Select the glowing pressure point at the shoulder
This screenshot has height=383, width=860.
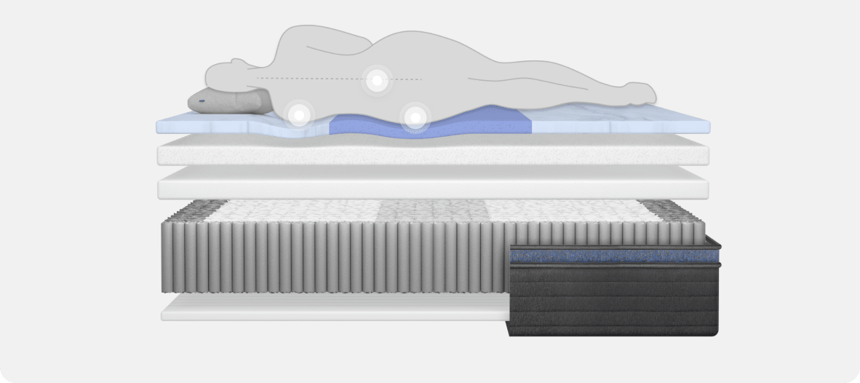coord(298,114)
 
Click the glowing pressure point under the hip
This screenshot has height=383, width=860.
coord(415,117)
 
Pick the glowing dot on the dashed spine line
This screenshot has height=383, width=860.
coord(376,79)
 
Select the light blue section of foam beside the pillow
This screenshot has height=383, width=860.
coord(218,126)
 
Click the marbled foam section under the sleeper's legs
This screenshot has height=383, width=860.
coord(618,124)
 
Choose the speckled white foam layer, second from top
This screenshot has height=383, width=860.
coord(433,154)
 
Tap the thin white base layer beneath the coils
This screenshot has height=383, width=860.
coord(327,309)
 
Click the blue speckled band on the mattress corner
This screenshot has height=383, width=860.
coord(615,256)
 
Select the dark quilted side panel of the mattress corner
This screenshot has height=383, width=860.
coord(615,299)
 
